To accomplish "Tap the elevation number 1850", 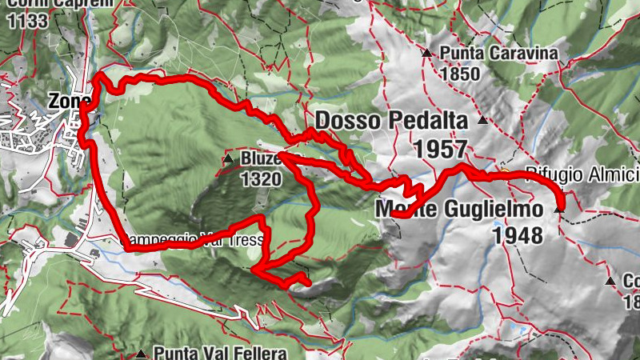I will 459,74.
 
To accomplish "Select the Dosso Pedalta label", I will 392,121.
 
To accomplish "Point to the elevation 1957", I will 440,148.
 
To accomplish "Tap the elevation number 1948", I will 518,235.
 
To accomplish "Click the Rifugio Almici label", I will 582,174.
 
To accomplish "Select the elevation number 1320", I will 260,179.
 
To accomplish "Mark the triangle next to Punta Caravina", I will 427,54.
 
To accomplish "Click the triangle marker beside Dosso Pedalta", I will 482,121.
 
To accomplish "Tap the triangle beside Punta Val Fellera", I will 142,353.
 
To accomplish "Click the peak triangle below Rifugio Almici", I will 558,209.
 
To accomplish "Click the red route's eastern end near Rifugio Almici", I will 559,210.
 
